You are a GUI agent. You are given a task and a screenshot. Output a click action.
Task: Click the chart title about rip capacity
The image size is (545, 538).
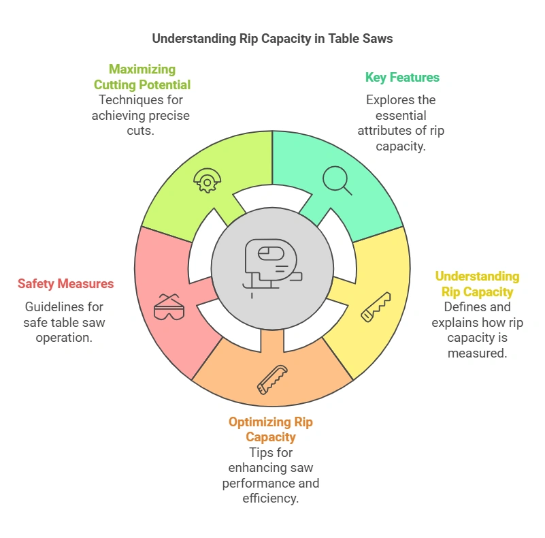[x=272, y=38]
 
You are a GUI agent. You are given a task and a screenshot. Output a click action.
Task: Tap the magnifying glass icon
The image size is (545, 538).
[x=337, y=180]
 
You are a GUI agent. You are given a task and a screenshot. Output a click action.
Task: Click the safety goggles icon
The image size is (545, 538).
[x=168, y=307]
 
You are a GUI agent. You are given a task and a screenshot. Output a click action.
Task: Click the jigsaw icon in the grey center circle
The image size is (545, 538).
[x=271, y=266]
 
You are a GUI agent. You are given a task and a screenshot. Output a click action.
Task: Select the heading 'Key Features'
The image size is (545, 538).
[x=402, y=78]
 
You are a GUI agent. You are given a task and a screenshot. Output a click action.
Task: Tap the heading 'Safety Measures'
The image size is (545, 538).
[x=66, y=284]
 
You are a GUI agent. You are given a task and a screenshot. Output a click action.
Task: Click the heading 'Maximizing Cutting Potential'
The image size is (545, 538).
[x=142, y=77]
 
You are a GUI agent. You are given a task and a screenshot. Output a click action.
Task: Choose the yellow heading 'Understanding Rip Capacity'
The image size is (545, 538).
[x=477, y=284]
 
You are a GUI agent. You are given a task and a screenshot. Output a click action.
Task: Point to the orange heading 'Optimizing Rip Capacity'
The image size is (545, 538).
[x=271, y=429]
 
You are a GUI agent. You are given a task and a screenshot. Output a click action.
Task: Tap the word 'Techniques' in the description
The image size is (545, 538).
[x=127, y=100]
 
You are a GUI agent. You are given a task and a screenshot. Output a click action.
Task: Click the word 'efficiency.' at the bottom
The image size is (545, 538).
[x=271, y=499]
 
